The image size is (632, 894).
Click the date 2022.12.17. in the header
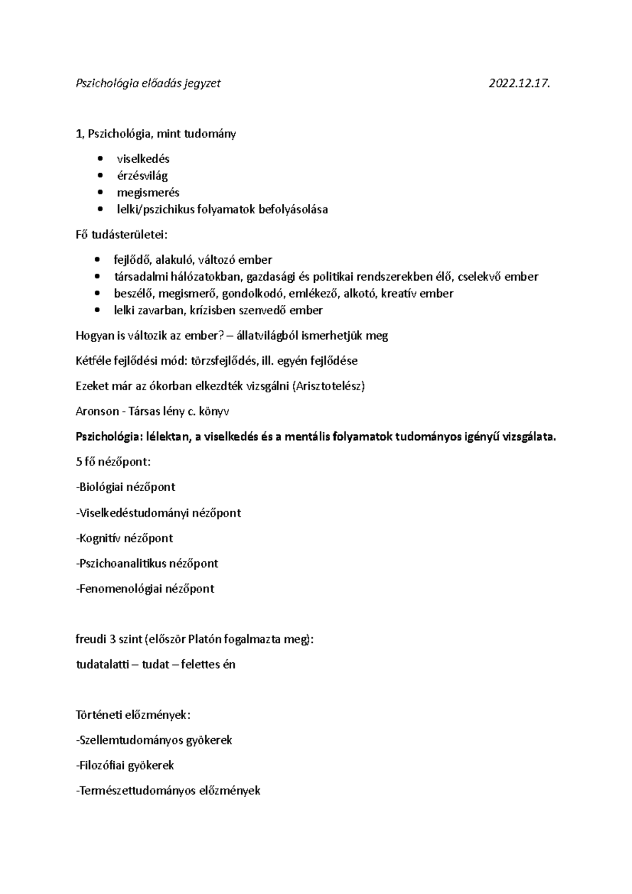[x=519, y=83]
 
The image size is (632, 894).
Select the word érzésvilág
[x=142, y=176]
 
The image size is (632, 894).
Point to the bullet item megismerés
[x=148, y=193]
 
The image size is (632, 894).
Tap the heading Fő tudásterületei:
[x=121, y=234]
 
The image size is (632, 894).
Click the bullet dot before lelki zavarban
[x=96, y=311]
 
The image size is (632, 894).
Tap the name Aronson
[x=97, y=412]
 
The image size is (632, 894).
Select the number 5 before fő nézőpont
[x=79, y=462]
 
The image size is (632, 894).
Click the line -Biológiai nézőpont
[x=125, y=488]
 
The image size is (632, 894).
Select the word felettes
[x=201, y=664]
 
